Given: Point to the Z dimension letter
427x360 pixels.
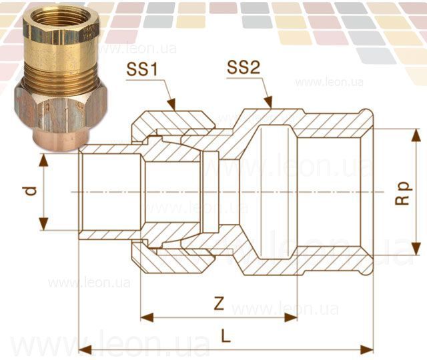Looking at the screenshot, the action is tap(219, 303).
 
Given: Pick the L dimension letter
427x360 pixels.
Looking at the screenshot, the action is tap(226, 336).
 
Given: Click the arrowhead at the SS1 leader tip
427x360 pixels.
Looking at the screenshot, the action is tap(171, 104).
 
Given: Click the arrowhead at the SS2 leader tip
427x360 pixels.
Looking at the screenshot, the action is tap(268, 102).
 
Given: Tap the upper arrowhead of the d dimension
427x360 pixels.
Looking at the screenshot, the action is tap(43, 160).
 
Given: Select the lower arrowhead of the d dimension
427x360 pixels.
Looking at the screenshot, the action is tap(43, 224).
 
